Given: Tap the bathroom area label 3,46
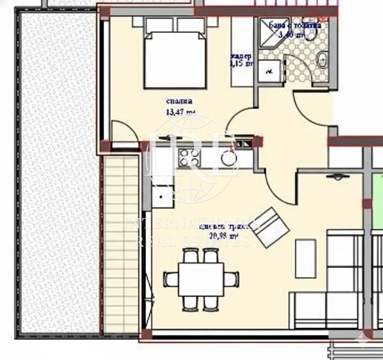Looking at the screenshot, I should pos(291,35).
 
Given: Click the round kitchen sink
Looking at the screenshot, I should pos(227,158).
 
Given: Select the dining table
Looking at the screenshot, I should pos(202,279).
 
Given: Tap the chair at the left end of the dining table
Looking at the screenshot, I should pos(171,279).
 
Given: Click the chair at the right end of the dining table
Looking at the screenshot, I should pos(232,279).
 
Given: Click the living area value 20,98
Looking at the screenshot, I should pos(224,237).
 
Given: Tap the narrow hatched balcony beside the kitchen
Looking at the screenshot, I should pos(122,242).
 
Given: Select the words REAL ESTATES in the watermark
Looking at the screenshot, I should pos(193,241).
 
